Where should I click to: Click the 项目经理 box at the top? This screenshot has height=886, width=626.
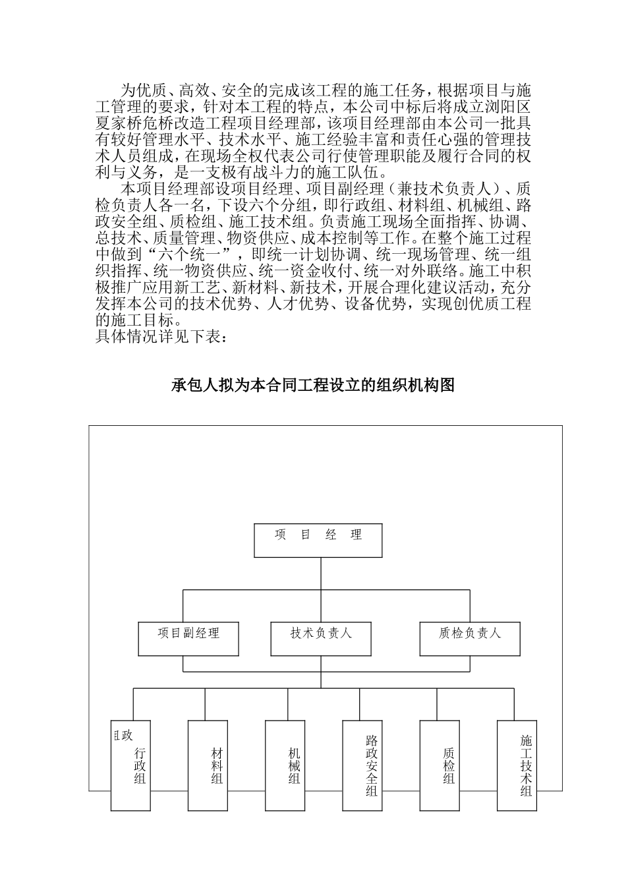[318, 540]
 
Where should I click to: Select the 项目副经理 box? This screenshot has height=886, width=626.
[188, 637]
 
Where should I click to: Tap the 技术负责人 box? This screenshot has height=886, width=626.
[321, 637]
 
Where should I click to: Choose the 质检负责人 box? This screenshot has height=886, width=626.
[470, 637]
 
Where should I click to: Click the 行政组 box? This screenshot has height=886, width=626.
[130, 765]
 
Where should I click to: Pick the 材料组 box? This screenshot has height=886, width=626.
[208, 765]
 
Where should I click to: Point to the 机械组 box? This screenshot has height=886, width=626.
[285, 765]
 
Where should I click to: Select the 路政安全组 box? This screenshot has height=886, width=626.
[362, 765]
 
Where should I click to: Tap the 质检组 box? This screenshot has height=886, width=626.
[440, 765]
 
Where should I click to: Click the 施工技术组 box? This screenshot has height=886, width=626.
[517, 765]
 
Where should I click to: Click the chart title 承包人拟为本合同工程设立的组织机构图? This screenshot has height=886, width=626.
[313, 386]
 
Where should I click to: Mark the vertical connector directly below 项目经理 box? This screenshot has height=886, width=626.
[320, 574]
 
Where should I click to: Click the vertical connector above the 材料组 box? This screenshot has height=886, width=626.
[206, 704]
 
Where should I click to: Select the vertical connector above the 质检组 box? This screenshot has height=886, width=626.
[437, 704]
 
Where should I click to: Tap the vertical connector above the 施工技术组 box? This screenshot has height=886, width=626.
[514, 704]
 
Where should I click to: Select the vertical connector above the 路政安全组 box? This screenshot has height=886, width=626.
[360, 704]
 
